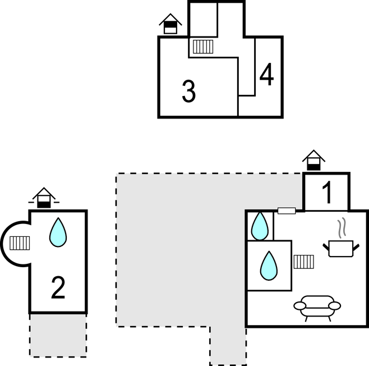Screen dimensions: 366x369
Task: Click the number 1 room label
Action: pyautogui.click(x=327, y=193)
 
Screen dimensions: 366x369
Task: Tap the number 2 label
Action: pyautogui.click(x=58, y=288)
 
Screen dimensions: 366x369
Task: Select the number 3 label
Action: pyautogui.click(x=189, y=91)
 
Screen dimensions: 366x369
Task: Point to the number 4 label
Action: pyautogui.click(x=267, y=75)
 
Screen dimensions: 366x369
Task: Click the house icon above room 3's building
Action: pyautogui.click(x=170, y=24)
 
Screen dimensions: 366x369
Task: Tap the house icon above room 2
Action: pyautogui.click(x=44, y=199)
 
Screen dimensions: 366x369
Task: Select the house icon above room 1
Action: pyautogui.click(x=313, y=160)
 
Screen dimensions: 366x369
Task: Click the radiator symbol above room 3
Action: pyautogui.click(x=202, y=46)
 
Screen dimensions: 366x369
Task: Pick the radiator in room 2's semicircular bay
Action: pyautogui.click(x=20, y=243)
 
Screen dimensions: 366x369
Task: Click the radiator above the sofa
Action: pyautogui.click(x=303, y=261)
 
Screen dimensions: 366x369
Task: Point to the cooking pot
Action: pyautogui.click(x=341, y=248)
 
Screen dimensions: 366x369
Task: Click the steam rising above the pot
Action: pyautogui.click(x=342, y=228)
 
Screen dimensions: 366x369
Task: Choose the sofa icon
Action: pyautogui.click(x=317, y=307)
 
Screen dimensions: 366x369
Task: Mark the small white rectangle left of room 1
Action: pyautogui.click(x=287, y=211)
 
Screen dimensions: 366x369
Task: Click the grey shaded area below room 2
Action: pyautogui.click(x=58, y=335)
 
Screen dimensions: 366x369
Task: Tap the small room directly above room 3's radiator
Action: pyautogui.click(x=202, y=19)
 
